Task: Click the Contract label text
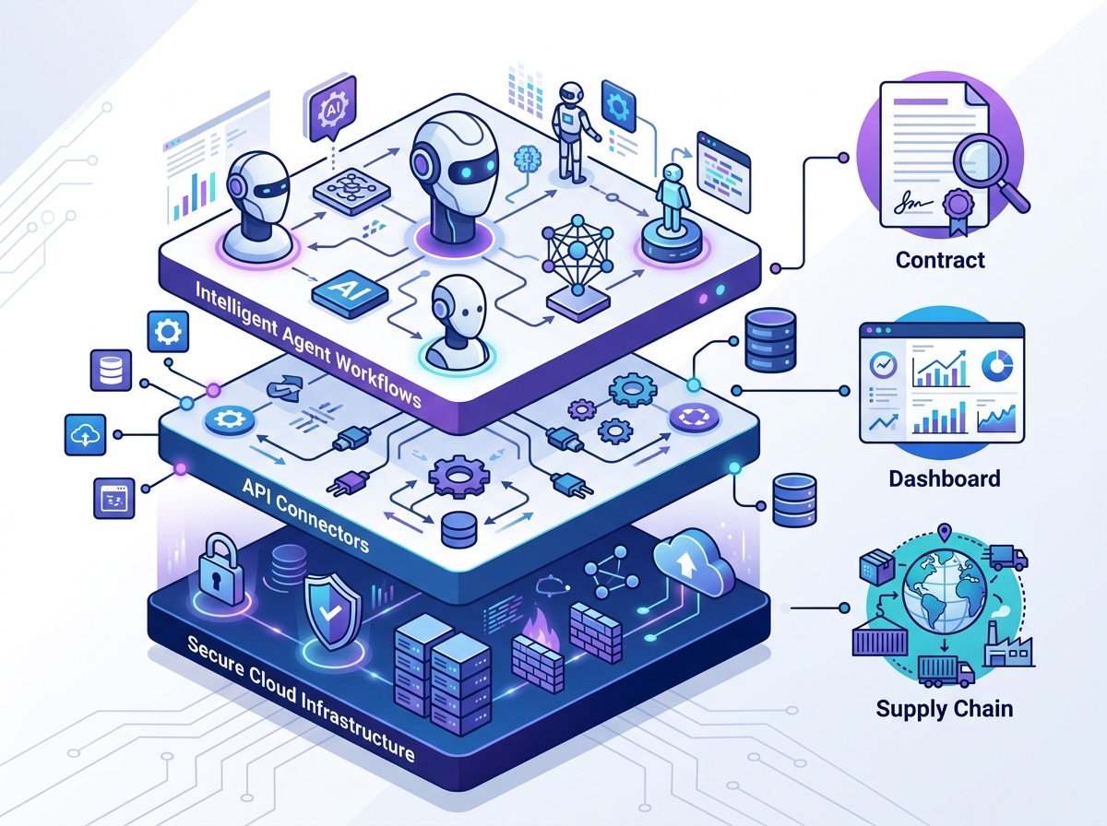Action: [x=940, y=260]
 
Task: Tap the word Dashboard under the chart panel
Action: [x=944, y=478]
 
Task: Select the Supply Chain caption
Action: [x=944, y=708]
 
